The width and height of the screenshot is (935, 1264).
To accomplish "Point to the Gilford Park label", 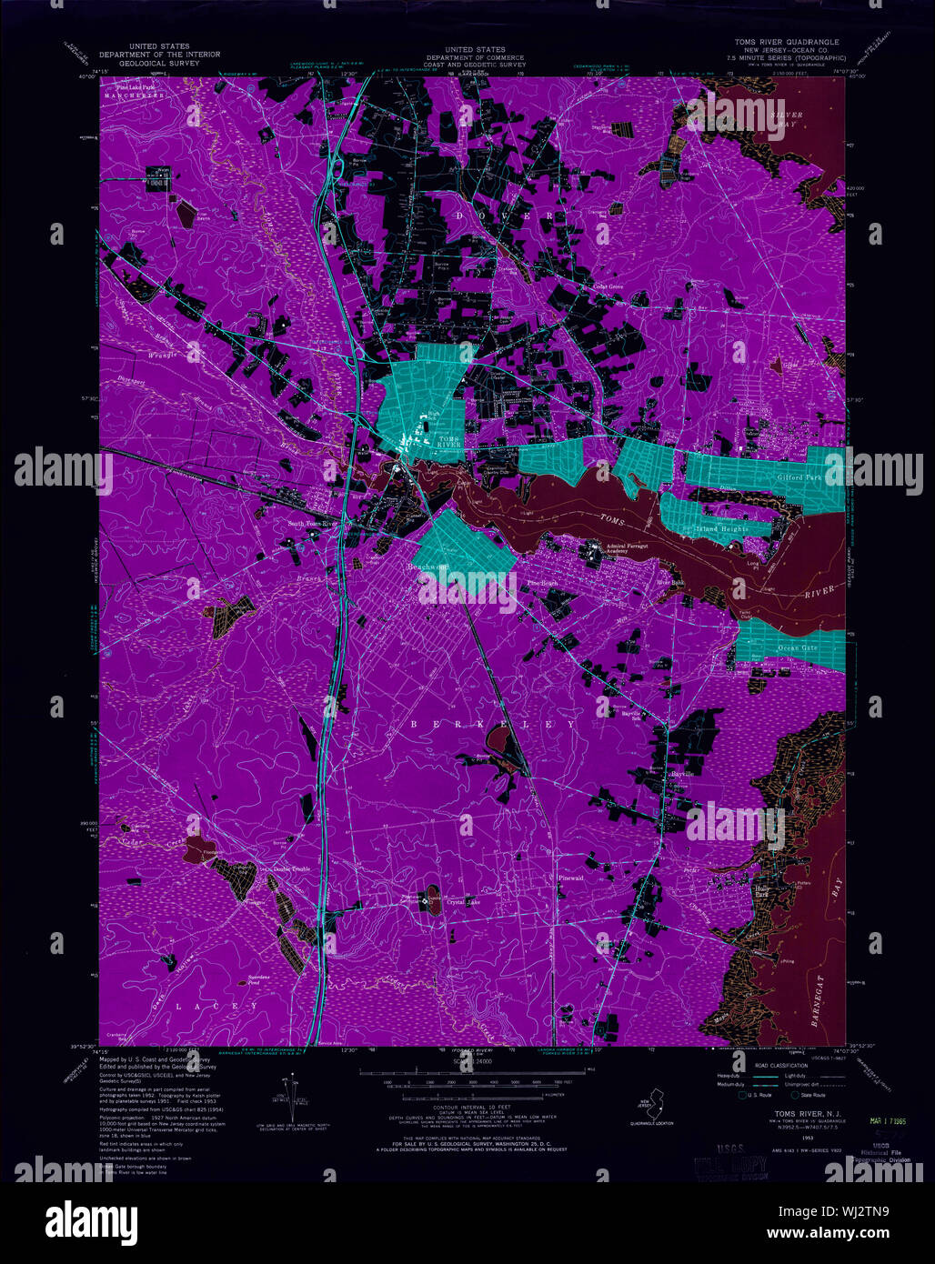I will pos(799,477).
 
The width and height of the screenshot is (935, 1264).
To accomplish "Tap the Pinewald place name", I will pos(568,878).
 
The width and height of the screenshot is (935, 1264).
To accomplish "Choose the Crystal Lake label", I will pos(463,902).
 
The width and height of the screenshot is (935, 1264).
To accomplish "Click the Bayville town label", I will pos(682,773).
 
